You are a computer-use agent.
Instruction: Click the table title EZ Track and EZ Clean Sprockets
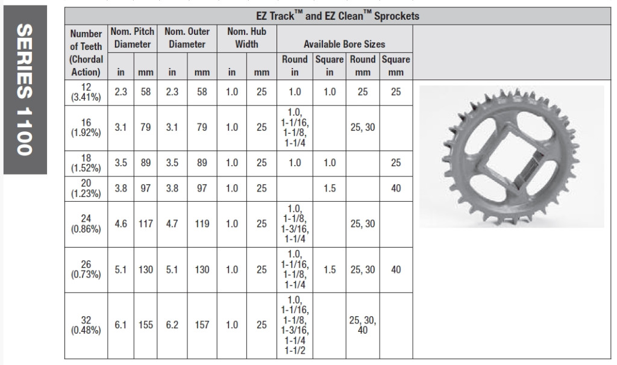[337, 16]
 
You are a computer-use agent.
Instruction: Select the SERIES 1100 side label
[24, 90]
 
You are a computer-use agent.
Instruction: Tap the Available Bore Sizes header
[344, 44]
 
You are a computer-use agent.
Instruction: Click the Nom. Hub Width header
[246, 38]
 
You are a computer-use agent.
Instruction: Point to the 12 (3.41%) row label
[86, 92]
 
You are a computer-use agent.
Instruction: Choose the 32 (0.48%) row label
[86, 325]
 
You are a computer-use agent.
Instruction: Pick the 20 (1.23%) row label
[86, 189]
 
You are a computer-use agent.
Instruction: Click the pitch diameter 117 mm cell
[146, 224]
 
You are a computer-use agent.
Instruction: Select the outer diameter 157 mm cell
[202, 325]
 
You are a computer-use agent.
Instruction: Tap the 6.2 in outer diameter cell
[172, 325]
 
